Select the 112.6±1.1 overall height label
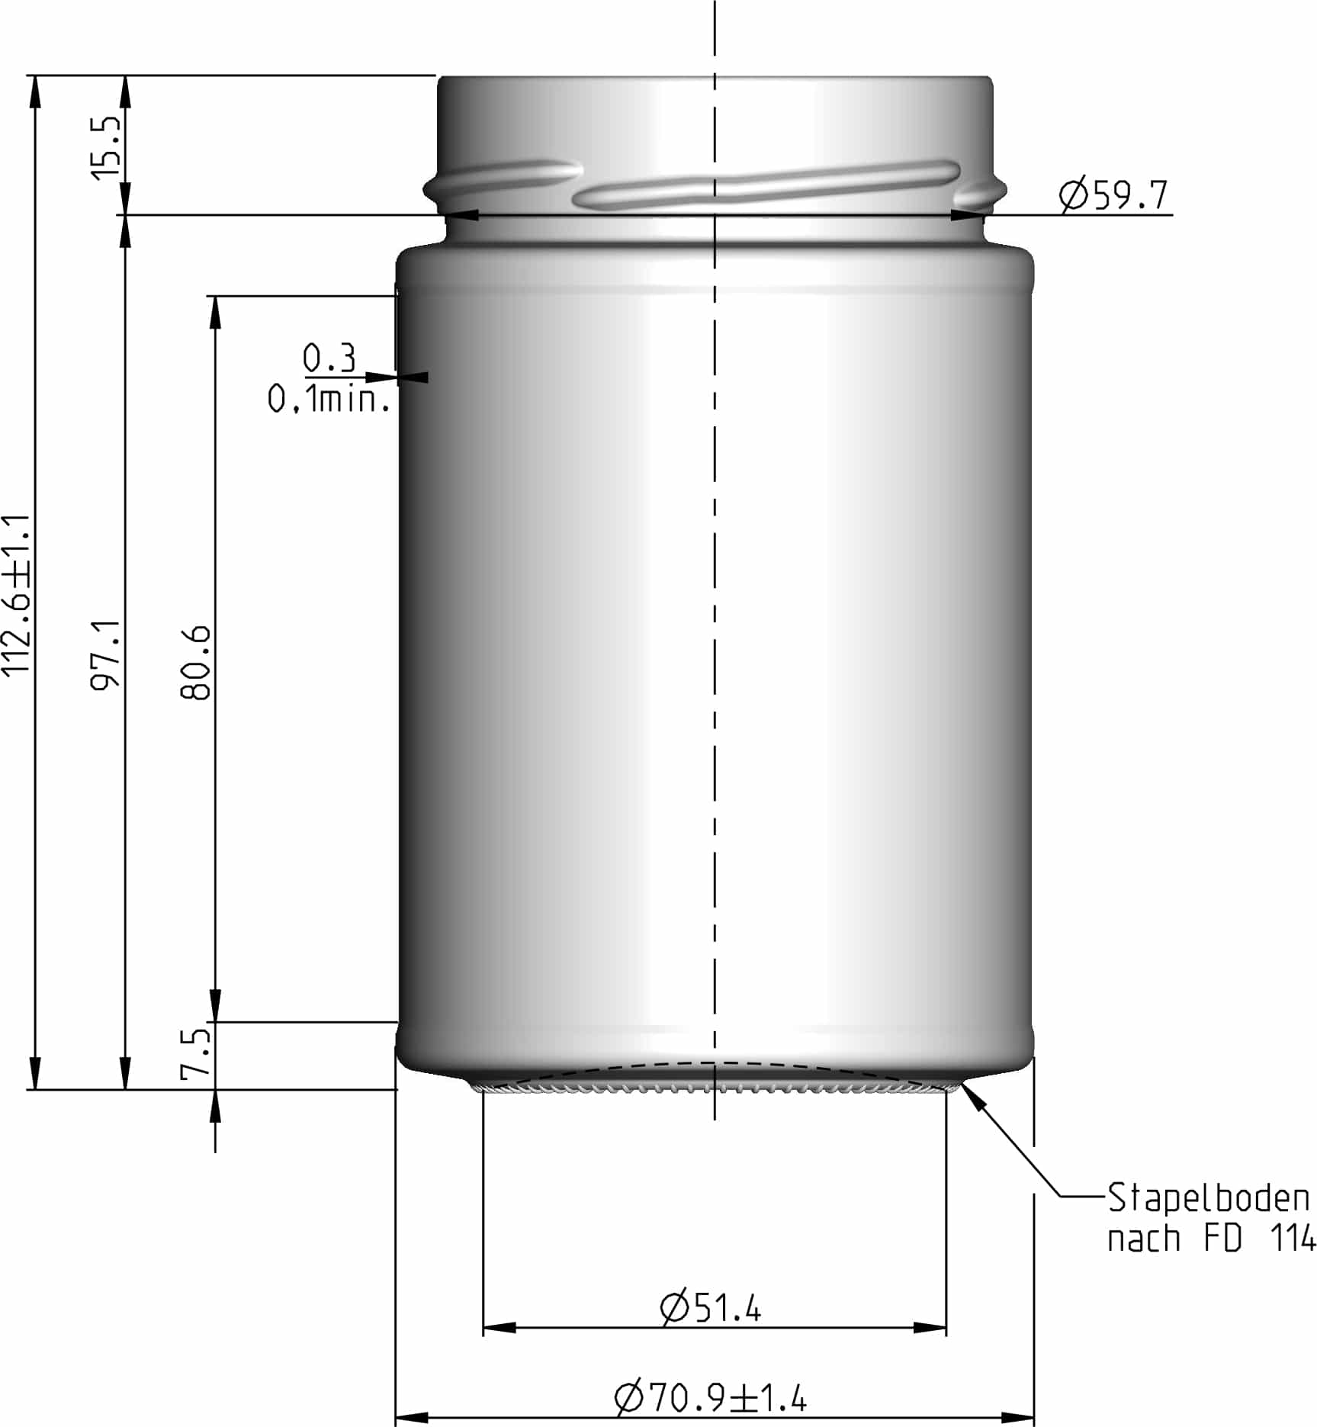click(17, 595)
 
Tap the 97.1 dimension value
click(106, 654)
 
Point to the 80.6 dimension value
click(196, 662)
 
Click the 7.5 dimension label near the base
click(195, 1054)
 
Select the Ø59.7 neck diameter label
click(1113, 196)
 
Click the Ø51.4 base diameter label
click(710, 1308)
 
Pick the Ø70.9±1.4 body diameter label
click(710, 1397)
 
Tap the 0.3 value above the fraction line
click(329, 358)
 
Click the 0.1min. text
click(329, 399)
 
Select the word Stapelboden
click(1208, 1198)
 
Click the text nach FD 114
click(1211, 1239)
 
